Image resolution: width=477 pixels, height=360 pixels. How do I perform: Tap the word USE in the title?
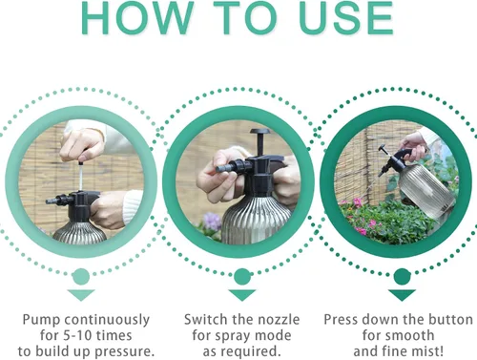(x=346, y=18)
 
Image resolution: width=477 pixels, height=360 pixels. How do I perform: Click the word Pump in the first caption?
(x=42, y=320)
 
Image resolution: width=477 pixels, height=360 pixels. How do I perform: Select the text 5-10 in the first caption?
(x=77, y=335)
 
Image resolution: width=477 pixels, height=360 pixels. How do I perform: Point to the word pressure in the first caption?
(x=124, y=352)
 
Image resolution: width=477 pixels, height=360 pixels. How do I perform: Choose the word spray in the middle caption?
(x=234, y=336)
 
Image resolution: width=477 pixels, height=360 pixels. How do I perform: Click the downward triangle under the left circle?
(x=81, y=295)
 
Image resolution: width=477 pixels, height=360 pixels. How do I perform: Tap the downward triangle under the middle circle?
(x=242, y=295)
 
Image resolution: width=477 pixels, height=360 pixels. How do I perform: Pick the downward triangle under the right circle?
(x=402, y=295)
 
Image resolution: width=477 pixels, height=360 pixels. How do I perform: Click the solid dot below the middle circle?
(x=242, y=277)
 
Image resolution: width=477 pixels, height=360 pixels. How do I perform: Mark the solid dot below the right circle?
(x=403, y=277)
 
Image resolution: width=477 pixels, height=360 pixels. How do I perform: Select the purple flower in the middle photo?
(x=212, y=222)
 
